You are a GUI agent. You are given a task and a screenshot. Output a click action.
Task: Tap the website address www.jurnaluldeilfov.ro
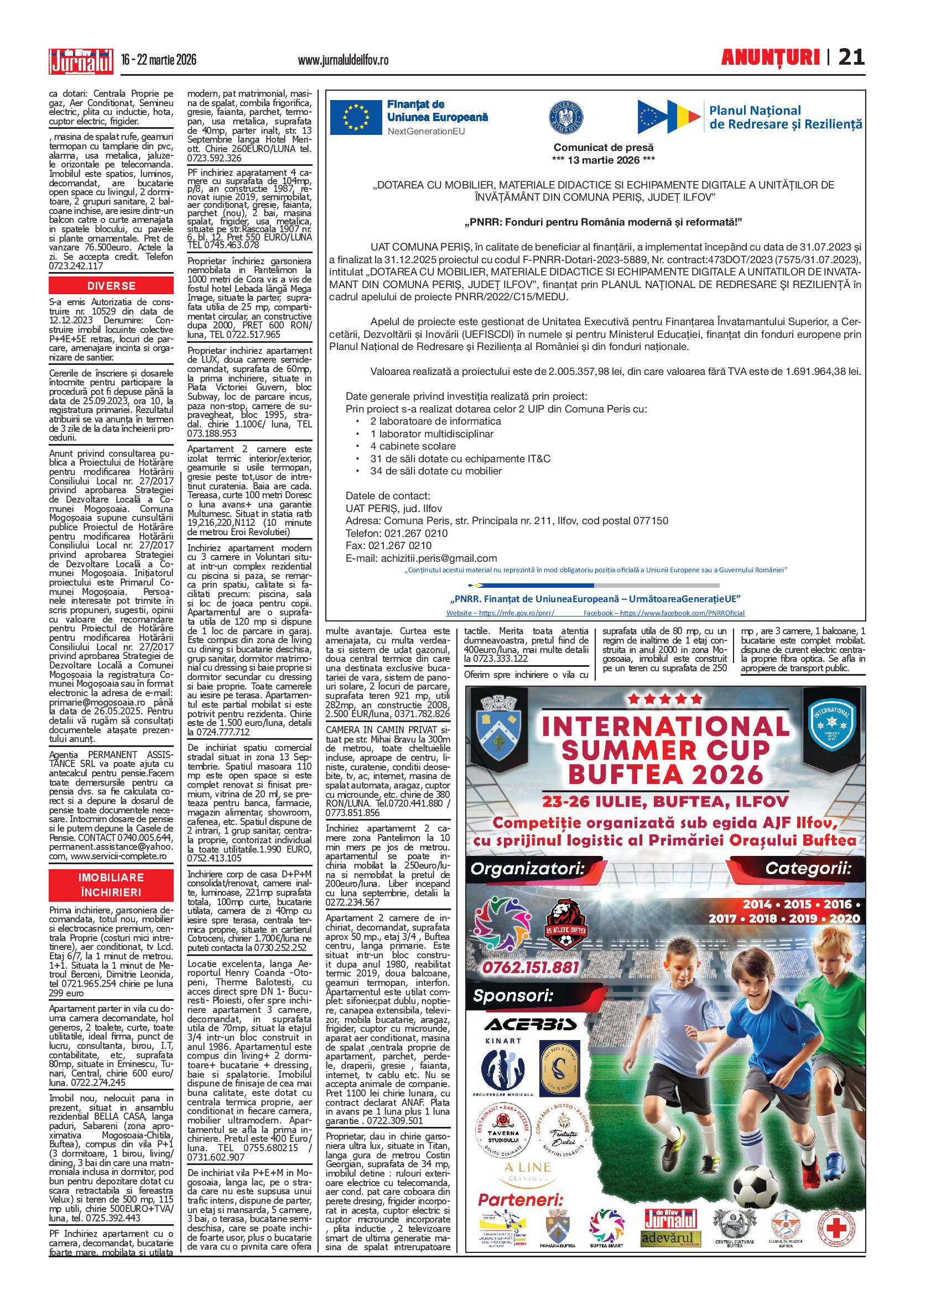point(343,60)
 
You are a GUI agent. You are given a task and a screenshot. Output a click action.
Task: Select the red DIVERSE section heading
point(111,286)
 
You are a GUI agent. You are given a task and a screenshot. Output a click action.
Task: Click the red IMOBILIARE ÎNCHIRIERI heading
point(111,885)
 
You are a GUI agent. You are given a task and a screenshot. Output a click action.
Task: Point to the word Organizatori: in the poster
point(527,870)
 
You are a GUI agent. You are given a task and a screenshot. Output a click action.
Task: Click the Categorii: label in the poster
point(806,870)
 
